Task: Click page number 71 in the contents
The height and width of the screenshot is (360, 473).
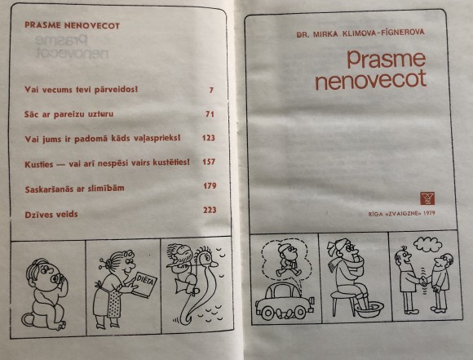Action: [210, 113]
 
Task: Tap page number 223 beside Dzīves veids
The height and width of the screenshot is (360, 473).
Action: [210, 210]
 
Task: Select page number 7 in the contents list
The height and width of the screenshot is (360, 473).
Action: [211, 90]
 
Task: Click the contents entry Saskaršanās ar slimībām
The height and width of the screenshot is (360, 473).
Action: [74, 189]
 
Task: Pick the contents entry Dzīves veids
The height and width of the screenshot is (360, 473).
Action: [51, 215]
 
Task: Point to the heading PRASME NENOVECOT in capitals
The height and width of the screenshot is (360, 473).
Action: [72, 25]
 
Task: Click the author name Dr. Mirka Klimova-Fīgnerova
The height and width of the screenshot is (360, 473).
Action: [360, 33]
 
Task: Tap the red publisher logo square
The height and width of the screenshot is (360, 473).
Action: [427, 198]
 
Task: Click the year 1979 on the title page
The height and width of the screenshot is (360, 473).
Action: [429, 213]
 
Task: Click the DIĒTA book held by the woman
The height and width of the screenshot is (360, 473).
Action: [144, 285]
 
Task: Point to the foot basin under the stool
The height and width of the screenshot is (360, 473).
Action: [369, 309]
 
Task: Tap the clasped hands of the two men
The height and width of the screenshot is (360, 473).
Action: [423, 282]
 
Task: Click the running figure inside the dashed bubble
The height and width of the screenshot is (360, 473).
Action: [288, 260]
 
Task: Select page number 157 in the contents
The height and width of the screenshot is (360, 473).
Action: [209, 162]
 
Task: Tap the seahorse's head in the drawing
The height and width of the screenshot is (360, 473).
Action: [206, 256]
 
